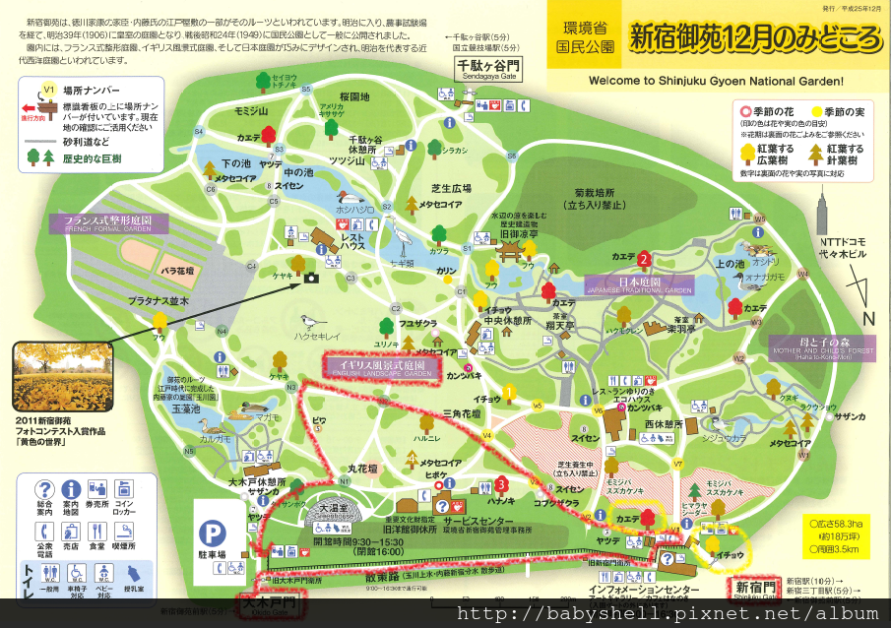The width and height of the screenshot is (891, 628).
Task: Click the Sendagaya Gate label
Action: coord(488,69)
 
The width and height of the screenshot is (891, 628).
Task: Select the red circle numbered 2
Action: coord(643,259)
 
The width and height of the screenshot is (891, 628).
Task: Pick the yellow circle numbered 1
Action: coord(509,392)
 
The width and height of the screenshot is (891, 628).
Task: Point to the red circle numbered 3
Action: coord(502,483)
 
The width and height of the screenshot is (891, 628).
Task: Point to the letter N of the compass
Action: coord(867,317)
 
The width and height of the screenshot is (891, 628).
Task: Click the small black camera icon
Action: coord(311,278)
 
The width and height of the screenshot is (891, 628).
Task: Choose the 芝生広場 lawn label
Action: coord(453,187)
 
